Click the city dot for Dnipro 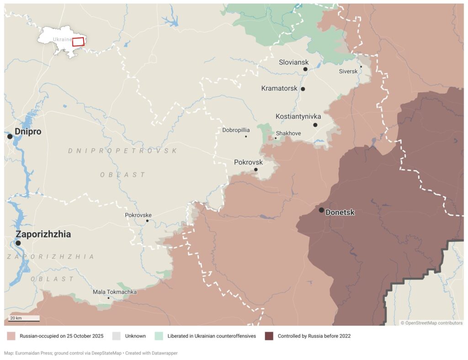pyautogui.click(x=10, y=136)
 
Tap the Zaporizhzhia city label pyautogui.click(x=43, y=234)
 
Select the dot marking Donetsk pyautogui.click(x=321, y=210)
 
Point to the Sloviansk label pyautogui.click(x=293, y=62)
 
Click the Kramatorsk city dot pyautogui.click(x=303, y=89)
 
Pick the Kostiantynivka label pyautogui.click(x=298, y=117)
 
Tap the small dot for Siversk pyautogui.click(x=361, y=67)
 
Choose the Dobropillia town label pyautogui.click(x=236, y=130)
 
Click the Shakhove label pyautogui.click(x=288, y=133)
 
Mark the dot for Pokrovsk pyautogui.click(x=255, y=170)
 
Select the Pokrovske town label pyautogui.click(x=138, y=215)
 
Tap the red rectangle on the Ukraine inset pyautogui.click(x=78, y=42)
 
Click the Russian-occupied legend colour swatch pyautogui.click(x=11, y=336)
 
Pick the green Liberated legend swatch pyautogui.click(x=159, y=336)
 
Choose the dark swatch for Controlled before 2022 pyautogui.click(x=269, y=336)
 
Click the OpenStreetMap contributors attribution pyautogui.click(x=431, y=323)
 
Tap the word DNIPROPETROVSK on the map pyautogui.click(x=122, y=150)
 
